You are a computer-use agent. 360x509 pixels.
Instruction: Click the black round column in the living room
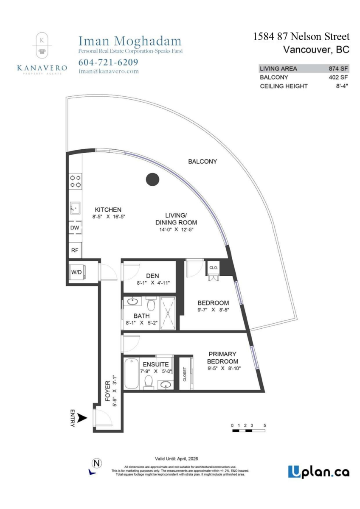(x=152, y=179)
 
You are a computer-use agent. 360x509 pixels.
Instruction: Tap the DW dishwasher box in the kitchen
(x=75, y=227)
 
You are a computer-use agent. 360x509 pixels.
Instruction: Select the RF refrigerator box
(x=75, y=250)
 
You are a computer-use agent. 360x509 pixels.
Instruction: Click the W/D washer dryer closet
(x=77, y=272)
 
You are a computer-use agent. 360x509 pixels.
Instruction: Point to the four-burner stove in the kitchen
(x=75, y=181)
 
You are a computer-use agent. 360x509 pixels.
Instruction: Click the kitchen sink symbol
(x=75, y=208)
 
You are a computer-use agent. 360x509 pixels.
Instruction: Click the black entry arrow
(x=83, y=418)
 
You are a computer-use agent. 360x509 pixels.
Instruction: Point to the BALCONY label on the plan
(x=202, y=161)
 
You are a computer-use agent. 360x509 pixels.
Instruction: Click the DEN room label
(x=152, y=276)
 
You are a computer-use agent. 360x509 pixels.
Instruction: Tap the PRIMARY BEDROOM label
(x=222, y=358)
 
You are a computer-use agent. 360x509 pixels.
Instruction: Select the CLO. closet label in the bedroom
(x=213, y=268)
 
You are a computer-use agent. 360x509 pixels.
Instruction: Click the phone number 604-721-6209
(x=108, y=62)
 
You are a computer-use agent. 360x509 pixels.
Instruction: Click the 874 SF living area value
(x=338, y=68)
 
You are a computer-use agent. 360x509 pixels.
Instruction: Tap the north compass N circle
(x=96, y=462)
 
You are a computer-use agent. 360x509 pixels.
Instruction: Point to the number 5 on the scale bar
(x=265, y=425)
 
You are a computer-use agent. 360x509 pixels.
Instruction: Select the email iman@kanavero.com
(x=109, y=71)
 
